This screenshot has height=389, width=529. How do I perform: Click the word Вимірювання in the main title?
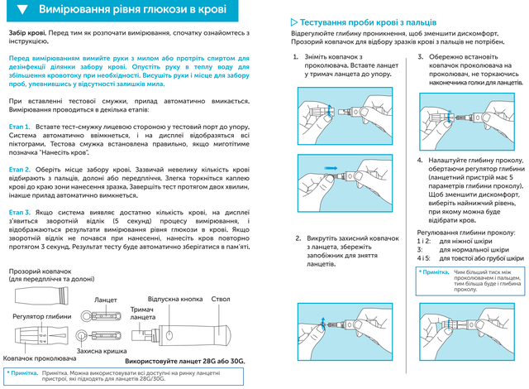(79, 11)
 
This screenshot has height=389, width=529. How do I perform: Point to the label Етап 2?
(21, 168)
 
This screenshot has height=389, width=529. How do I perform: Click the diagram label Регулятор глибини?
(41, 315)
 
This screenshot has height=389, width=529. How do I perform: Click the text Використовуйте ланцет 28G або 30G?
(185, 362)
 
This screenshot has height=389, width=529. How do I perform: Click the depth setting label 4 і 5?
(424, 259)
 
